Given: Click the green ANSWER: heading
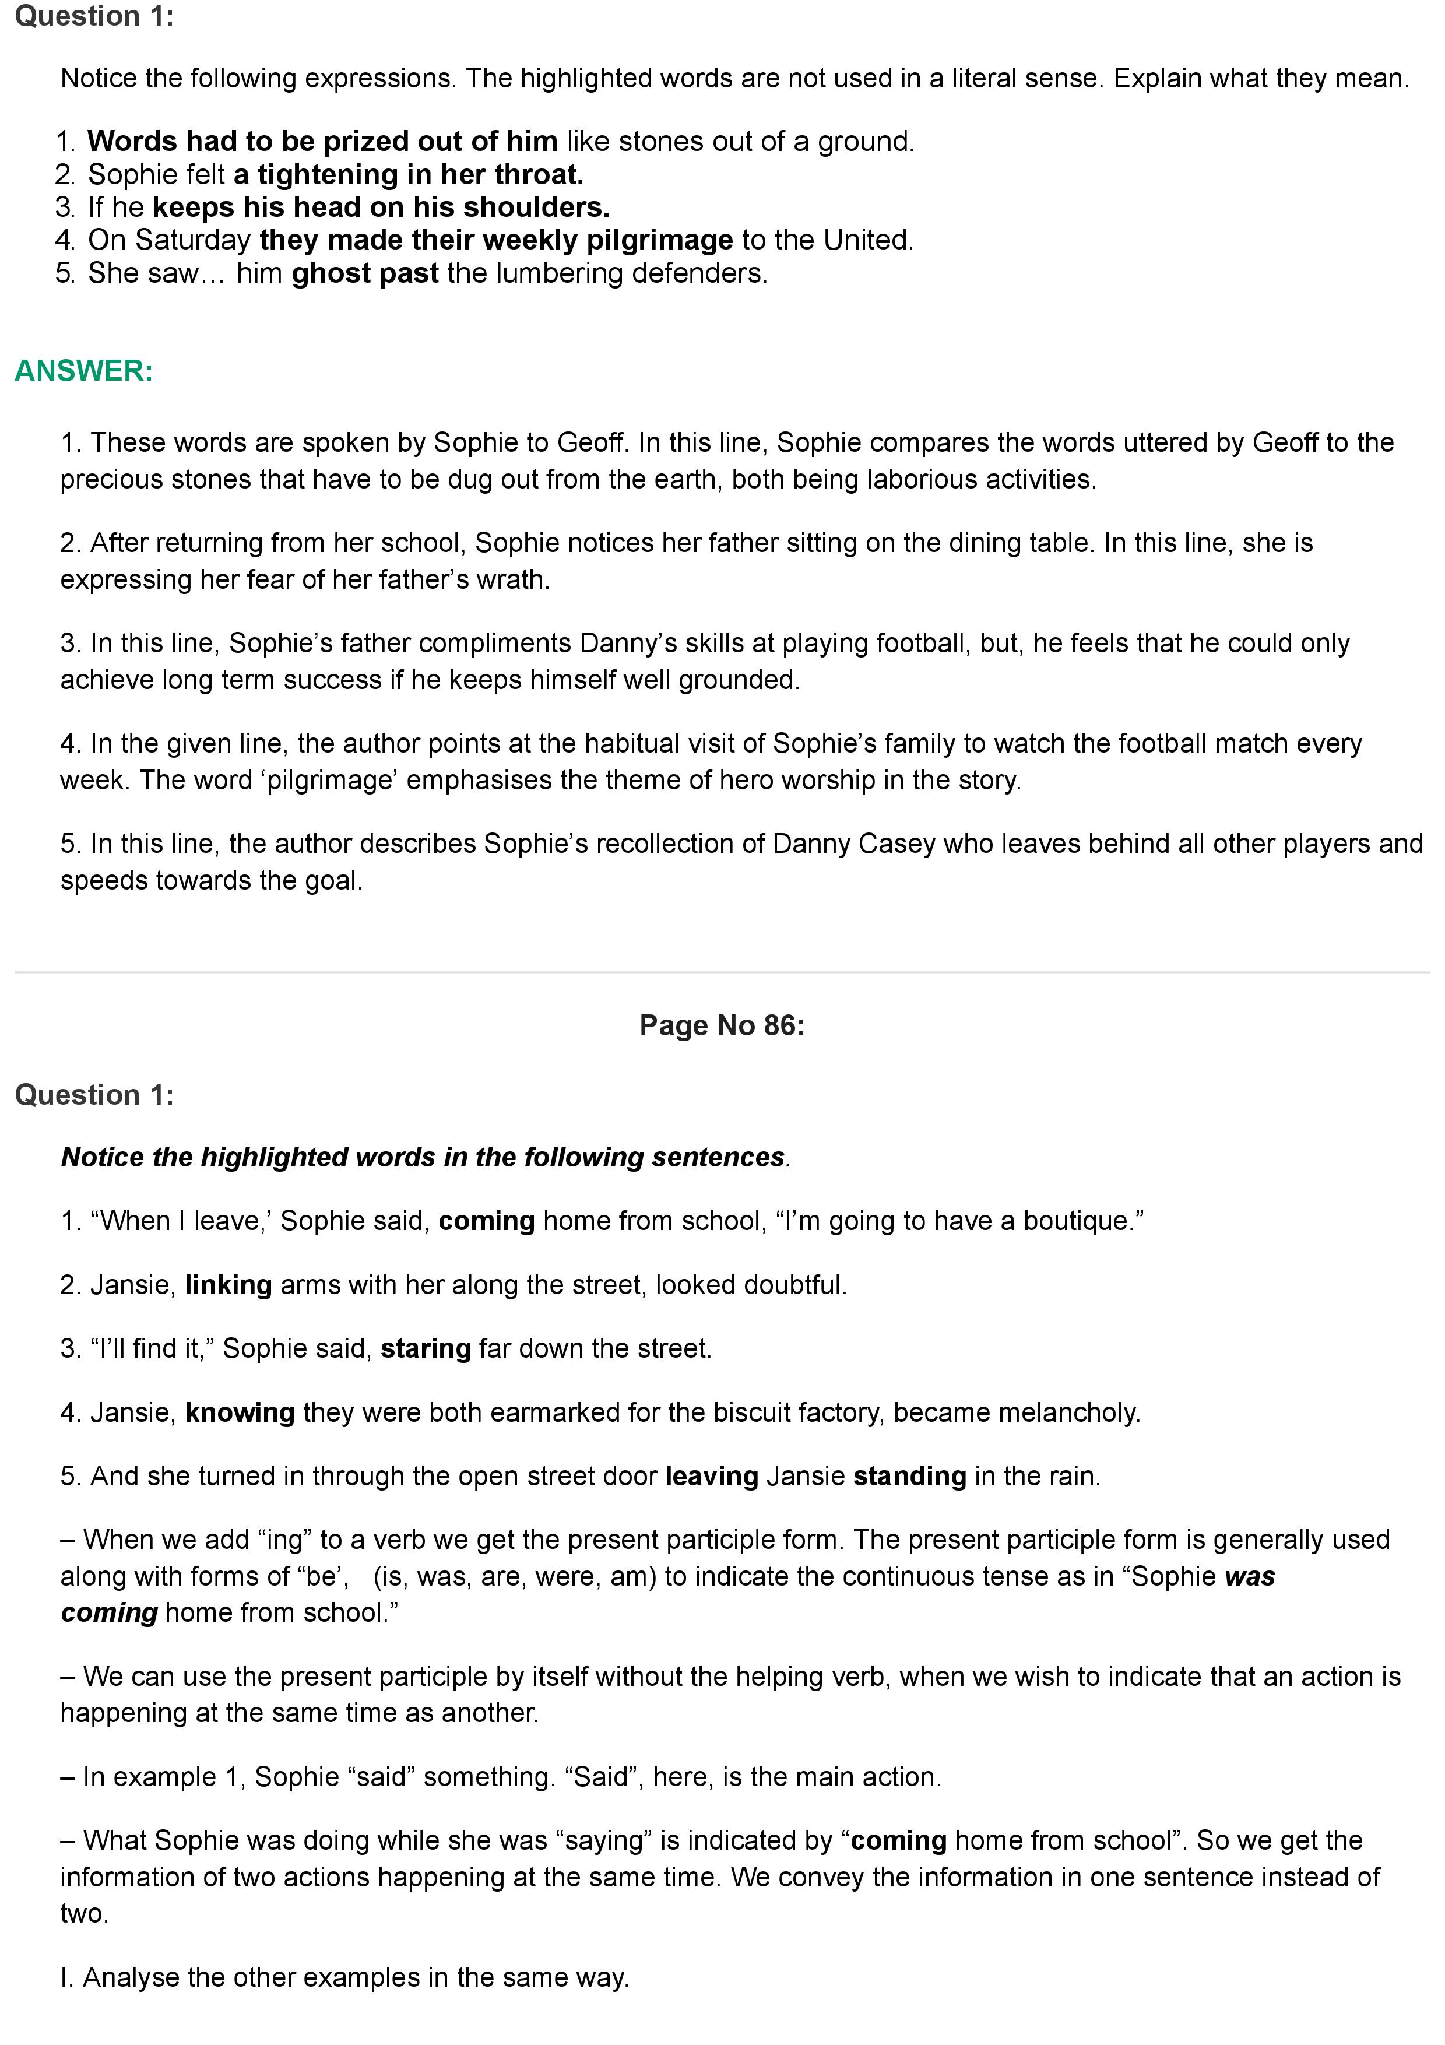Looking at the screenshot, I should point(84,371).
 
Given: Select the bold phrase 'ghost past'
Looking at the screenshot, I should point(364,273).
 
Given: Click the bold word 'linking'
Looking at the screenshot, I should point(228,1284).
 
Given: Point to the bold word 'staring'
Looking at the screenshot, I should point(426,1348).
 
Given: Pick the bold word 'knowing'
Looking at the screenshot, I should point(240,1412).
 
